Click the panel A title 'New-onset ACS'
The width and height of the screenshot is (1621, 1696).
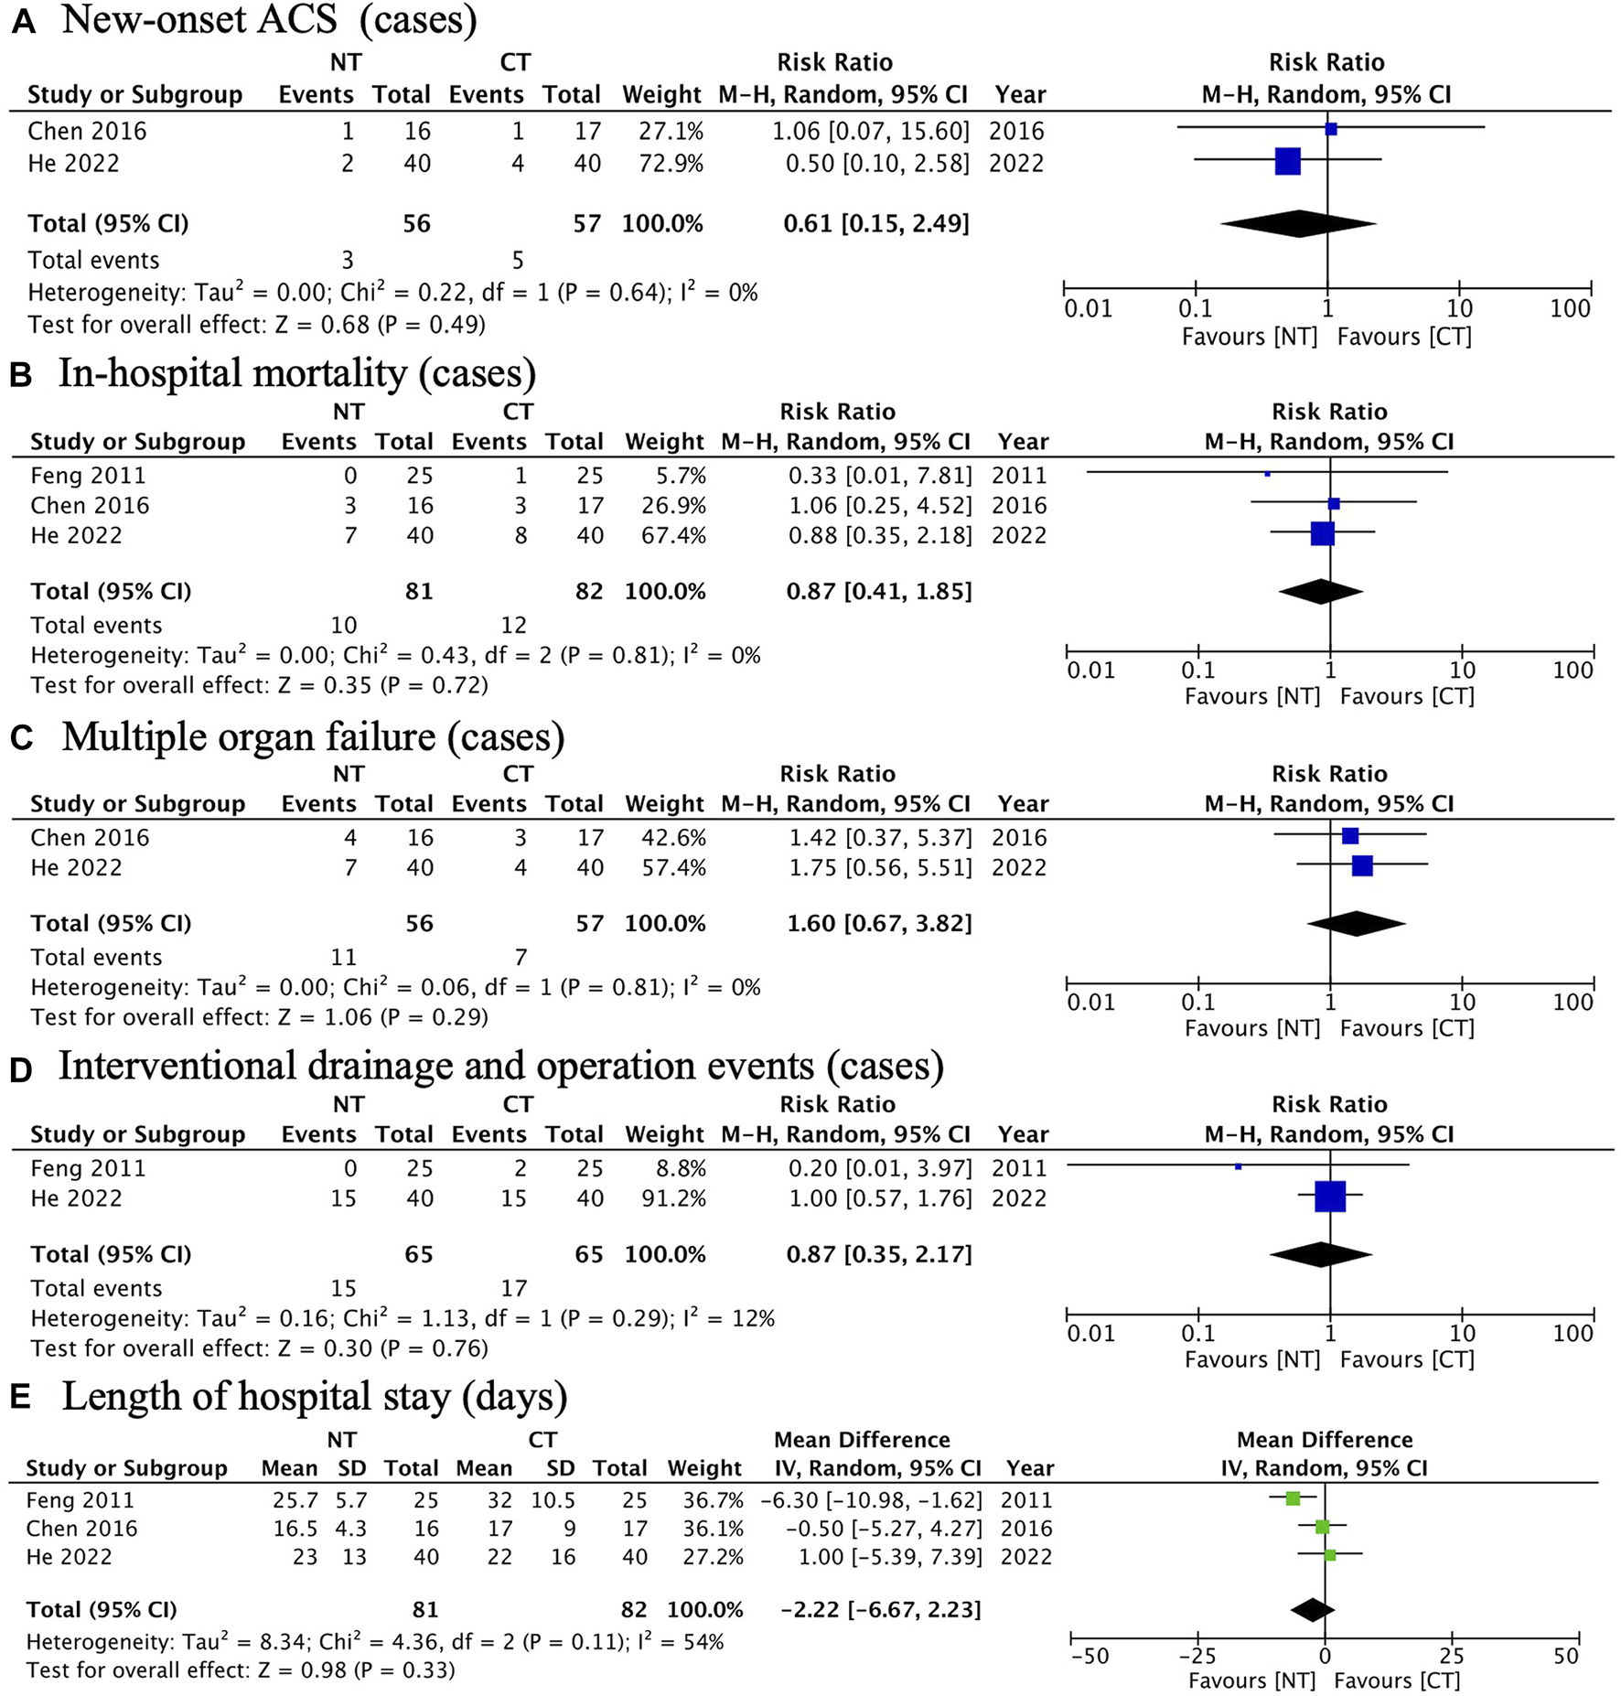pos(199,20)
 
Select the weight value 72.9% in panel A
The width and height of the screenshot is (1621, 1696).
pos(671,164)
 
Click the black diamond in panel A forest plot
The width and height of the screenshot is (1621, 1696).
pos(1298,223)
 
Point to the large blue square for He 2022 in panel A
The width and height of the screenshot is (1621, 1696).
pos(1288,162)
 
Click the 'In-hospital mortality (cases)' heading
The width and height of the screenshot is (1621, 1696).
pos(296,374)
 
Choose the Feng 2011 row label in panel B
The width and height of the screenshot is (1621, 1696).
pos(88,476)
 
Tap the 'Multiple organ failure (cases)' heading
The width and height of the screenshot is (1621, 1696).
pos(313,737)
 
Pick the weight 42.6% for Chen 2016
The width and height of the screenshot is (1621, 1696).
pos(674,838)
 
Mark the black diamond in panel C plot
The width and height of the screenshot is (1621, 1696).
pos(1357,924)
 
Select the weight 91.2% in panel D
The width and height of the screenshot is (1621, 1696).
pos(674,1198)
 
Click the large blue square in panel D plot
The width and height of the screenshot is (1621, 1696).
pos(1330,1197)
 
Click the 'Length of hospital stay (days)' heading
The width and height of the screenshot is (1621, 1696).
pos(315,1397)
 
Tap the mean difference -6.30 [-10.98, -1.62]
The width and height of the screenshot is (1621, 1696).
pos(871,1500)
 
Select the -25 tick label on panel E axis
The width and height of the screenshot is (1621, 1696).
pos(1197,1656)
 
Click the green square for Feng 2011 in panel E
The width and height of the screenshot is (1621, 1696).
pos(1293,1498)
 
